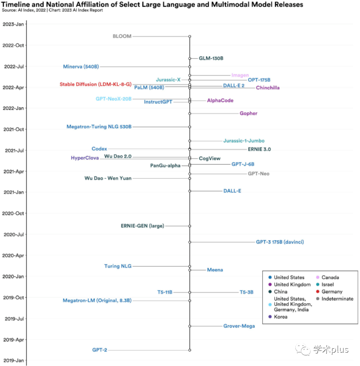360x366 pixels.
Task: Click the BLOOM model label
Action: (122, 36)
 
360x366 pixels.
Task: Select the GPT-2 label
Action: (100, 350)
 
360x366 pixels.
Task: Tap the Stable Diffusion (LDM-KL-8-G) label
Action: (95, 84)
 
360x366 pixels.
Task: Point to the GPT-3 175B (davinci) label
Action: (280, 242)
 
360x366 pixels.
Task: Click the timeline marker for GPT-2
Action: (190, 350)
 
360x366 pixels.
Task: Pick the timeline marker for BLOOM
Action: (190, 37)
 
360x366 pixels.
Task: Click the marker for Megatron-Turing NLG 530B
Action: (190, 127)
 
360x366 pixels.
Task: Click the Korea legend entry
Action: (281, 317)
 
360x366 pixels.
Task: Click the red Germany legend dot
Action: (318, 292)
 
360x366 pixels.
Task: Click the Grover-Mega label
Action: (239, 326)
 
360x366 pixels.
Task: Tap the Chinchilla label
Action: (268, 88)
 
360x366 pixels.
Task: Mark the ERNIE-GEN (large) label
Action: (143, 226)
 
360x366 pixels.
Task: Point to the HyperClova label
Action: (85, 158)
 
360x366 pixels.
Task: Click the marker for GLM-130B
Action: (190, 58)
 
